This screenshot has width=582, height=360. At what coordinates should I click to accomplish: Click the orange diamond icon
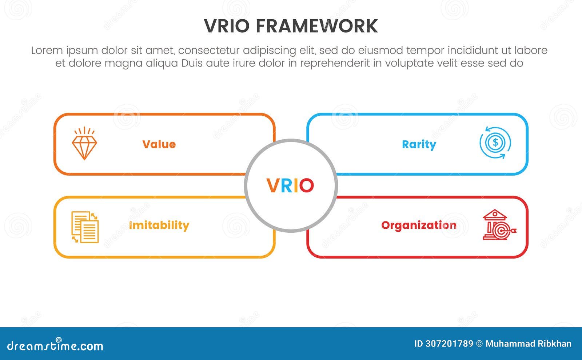click(84, 144)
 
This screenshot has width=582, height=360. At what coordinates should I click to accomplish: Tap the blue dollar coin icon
click(495, 143)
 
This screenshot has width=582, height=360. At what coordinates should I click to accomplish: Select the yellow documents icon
click(85, 227)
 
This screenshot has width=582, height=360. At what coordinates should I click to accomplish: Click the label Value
click(159, 144)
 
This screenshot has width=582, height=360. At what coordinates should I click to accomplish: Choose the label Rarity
click(419, 144)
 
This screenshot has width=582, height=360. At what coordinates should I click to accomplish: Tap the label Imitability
click(159, 225)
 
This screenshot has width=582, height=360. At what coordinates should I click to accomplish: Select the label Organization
click(419, 225)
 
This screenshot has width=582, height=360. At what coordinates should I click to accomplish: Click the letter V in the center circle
click(273, 185)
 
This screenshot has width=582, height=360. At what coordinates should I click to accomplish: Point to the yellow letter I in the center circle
click(296, 185)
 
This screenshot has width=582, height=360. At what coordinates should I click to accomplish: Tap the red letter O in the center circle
click(307, 185)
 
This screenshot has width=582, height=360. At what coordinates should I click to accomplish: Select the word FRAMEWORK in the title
click(316, 26)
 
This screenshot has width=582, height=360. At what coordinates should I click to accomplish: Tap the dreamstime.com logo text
click(55, 346)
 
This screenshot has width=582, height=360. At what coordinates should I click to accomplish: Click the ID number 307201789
click(449, 344)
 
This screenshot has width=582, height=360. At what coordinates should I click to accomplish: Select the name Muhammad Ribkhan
click(528, 344)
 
